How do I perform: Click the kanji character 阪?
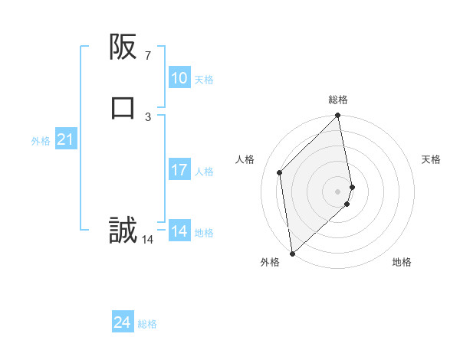tap(123, 47)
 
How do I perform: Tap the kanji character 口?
tap(123, 107)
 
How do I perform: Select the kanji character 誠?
tap(123, 230)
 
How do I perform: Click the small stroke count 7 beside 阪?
tap(147, 56)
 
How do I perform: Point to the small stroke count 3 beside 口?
tap(147, 116)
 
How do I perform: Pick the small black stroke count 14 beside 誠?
tap(147, 240)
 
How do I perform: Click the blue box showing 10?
tap(179, 78)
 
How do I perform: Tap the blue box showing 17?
tap(179, 170)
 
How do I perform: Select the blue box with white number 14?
tap(179, 231)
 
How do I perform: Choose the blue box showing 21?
tap(65, 140)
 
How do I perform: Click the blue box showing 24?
tap(122, 323)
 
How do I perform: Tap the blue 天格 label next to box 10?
tap(204, 80)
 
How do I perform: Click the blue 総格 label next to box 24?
tap(147, 325)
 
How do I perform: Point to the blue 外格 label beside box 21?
tap(41, 141)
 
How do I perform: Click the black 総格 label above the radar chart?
tap(338, 100)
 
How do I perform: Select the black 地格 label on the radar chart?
tap(402, 263)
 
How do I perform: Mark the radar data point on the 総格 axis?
tap(338, 116)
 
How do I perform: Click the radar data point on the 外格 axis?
tap(291, 254)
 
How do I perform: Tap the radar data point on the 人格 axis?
tap(280, 172)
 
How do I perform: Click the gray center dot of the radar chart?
tap(338, 191)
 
